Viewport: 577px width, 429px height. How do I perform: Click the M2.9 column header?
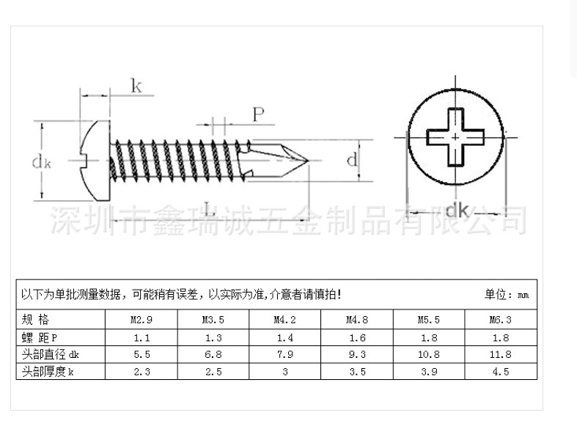tap(142, 320)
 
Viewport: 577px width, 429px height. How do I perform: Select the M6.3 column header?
tap(501, 320)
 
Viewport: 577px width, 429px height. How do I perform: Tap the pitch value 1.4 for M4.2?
tap(285, 337)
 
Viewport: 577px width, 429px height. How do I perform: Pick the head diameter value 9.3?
tap(357, 354)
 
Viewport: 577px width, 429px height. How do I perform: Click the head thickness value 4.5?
tap(501, 372)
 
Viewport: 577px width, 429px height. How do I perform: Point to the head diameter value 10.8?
tap(429, 354)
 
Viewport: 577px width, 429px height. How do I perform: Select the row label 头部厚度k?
tap(48, 372)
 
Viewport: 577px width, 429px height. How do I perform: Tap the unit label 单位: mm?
tap(506, 295)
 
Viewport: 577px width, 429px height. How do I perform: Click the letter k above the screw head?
tap(136, 86)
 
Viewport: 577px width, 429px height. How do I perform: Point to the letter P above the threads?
tap(258, 114)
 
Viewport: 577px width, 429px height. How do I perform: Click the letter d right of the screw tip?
tap(353, 160)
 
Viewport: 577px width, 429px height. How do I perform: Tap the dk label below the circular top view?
tap(457, 211)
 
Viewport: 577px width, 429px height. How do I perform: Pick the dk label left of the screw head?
tap(41, 162)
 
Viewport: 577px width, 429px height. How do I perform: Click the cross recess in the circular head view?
tap(455, 137)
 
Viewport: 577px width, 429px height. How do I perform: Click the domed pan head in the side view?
tap(96, 159)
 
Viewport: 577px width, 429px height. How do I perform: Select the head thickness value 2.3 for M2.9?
tap(142, 372)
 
